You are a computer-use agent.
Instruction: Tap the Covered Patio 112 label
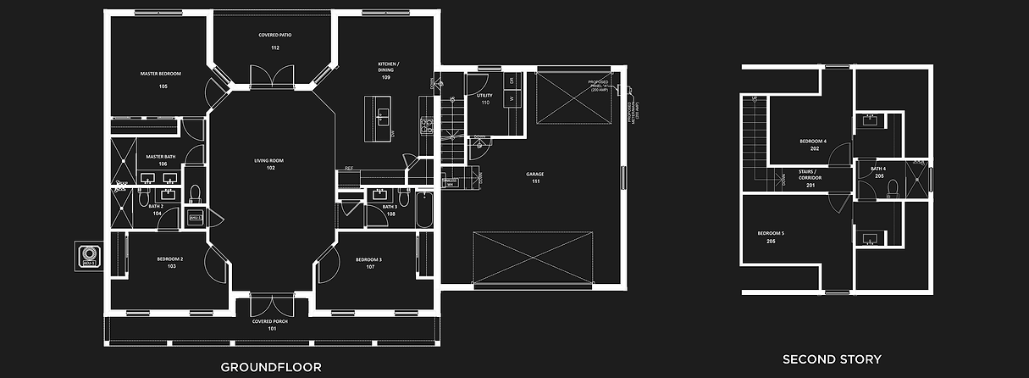[x=274, y=42]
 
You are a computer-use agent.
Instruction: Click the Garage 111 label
[x=537, y=178]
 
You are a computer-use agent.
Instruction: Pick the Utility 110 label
[x=484, y=99]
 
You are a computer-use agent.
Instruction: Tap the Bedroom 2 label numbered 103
[x=170, y=263]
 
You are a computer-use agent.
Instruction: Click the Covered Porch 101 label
[x=270, y=325]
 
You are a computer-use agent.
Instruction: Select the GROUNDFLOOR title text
[x=270, y=367]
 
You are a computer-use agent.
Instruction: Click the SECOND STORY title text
[x=832, y=359]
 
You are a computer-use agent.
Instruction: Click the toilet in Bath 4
[x=892, y=189]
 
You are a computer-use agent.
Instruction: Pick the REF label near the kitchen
[x=348, y=168]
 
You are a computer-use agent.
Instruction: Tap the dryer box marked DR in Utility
[x=512, y=81]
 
